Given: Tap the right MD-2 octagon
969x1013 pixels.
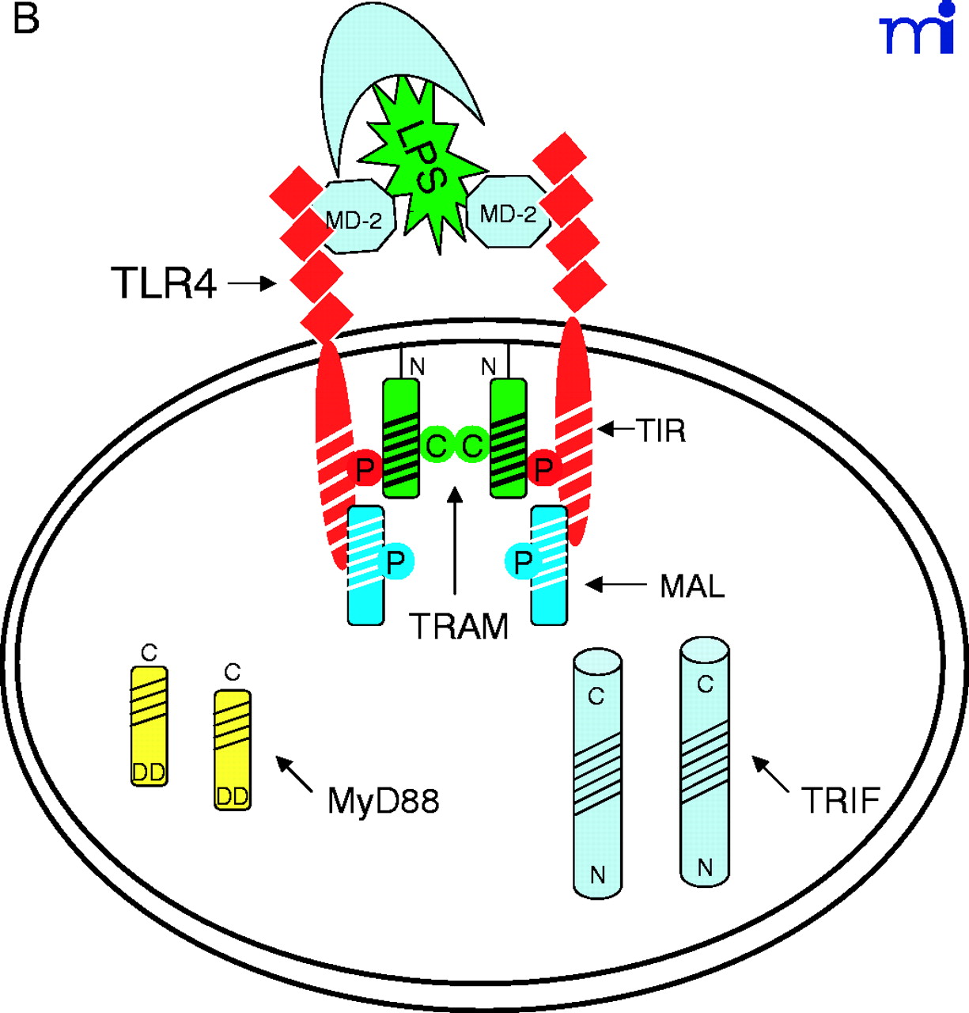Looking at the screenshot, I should click(x=509, y=213).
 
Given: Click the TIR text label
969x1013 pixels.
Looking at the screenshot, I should click(x=661, y=431).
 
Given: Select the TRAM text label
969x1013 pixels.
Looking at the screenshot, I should click(x=459, y=627).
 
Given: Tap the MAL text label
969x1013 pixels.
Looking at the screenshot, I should click(x=692, y=586).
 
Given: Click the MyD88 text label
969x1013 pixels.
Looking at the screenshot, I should click(x=383, y=801).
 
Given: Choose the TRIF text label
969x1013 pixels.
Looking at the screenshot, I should click(x=840, y=801).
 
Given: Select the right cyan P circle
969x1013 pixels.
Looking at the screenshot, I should click(x=523, y=563).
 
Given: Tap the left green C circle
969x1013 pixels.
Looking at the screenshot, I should click(x=436, y=446).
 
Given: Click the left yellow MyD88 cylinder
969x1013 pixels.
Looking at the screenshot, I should click(x=149, y=725).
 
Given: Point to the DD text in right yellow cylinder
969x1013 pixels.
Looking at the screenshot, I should click(x=233, y=796).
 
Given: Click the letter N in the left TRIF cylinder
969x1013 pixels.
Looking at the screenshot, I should click(x=597, y=875).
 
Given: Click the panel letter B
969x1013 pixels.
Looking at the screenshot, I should click(x=25, y=19).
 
